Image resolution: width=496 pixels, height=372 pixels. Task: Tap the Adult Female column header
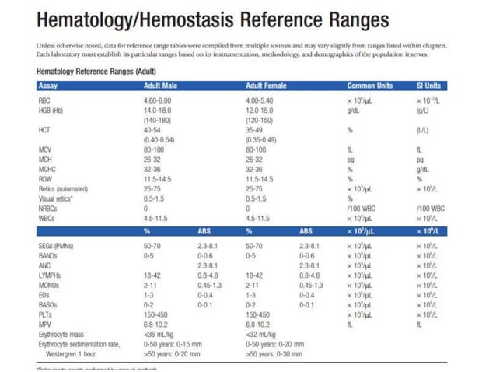(266, 86)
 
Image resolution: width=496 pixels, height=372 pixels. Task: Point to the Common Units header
(370, 86)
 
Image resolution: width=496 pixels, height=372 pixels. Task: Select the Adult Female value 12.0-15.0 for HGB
(260, 111)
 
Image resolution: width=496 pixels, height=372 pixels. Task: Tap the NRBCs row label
(47, 209)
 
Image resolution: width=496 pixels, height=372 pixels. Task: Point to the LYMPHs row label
(49, 275)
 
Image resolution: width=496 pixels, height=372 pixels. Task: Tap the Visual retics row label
(54, 198)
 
